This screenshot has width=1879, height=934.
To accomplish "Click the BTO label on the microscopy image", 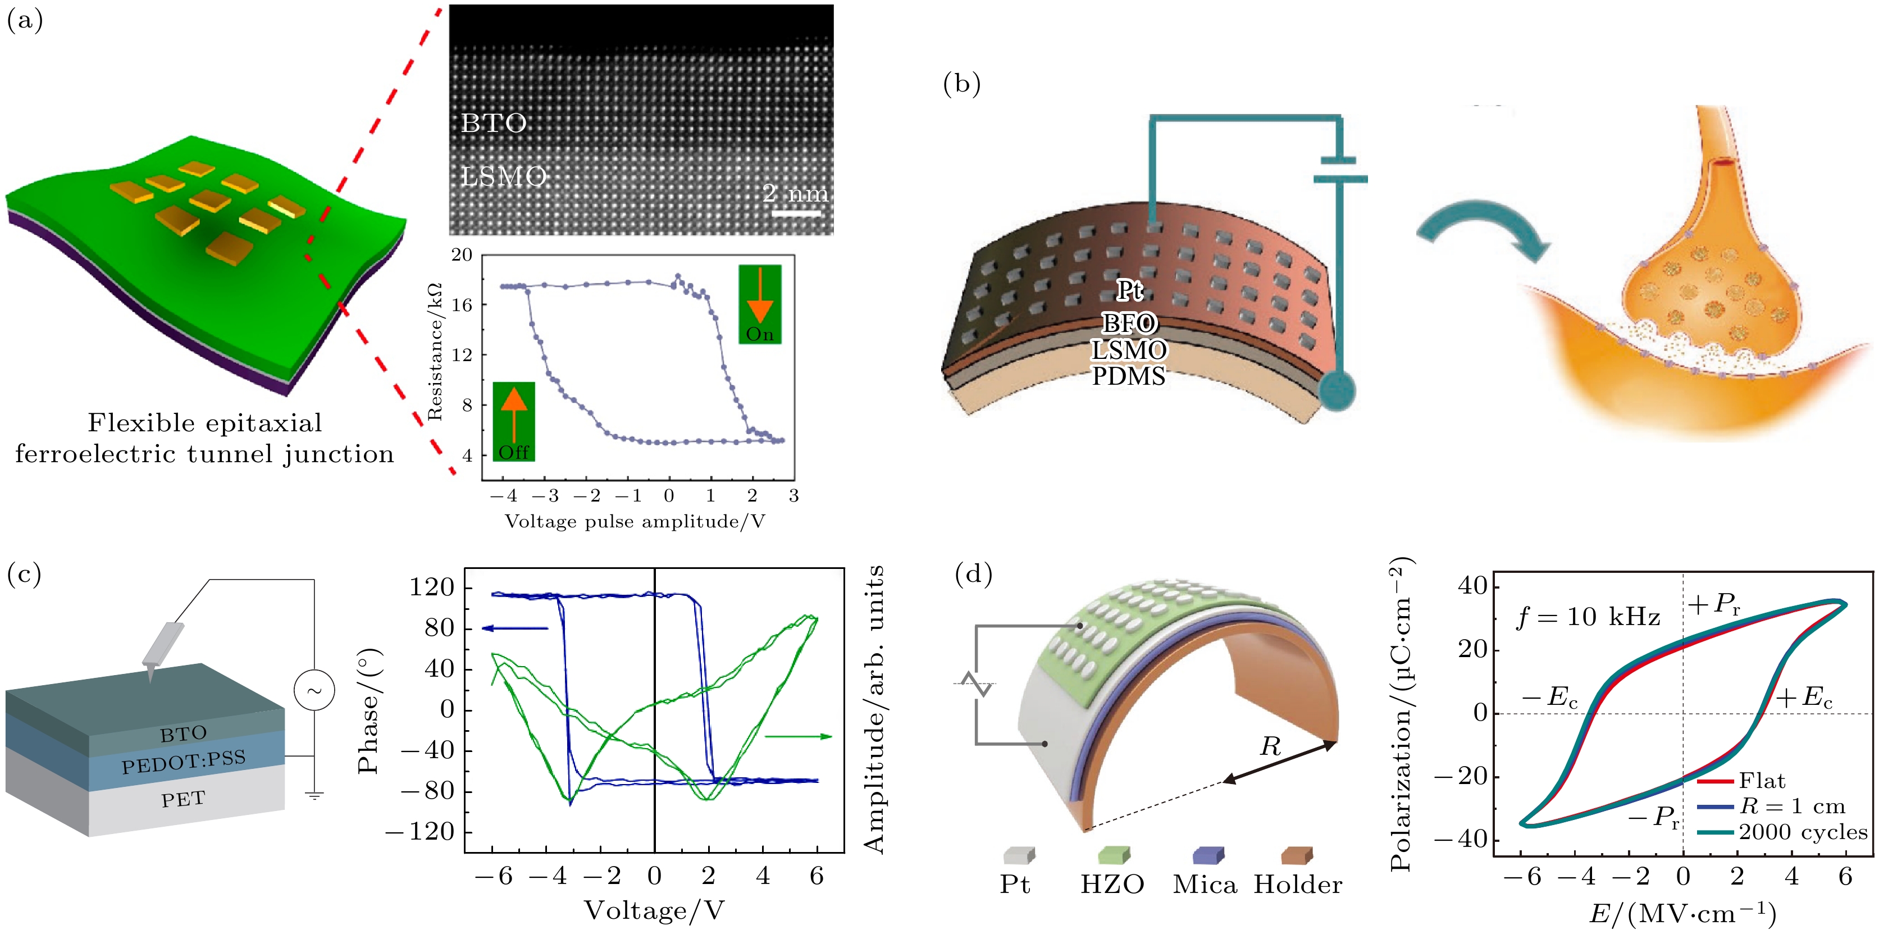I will (x=494, y=124).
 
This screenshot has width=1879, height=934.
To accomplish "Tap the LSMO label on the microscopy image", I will (x=503, y=176).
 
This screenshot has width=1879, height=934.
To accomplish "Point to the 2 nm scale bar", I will (x=796, y=213).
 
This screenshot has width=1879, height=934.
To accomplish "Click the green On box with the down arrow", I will (x=759, y=304).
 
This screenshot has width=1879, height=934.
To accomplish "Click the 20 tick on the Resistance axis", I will (x=462, y=254).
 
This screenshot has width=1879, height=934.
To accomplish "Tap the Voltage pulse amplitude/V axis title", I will (x=635, y=521).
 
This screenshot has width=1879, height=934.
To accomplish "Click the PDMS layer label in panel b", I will (x=1128, y=376).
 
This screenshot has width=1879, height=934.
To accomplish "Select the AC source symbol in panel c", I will (x=314, y=690).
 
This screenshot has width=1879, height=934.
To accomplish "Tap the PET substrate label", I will (x=183, y=799).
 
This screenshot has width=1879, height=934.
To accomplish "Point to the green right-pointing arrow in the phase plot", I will (x=797, y=736).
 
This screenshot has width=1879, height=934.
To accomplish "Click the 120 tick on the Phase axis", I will (x=432, y=587).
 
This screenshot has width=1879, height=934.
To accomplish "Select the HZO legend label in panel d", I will (x=1112, y=885).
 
